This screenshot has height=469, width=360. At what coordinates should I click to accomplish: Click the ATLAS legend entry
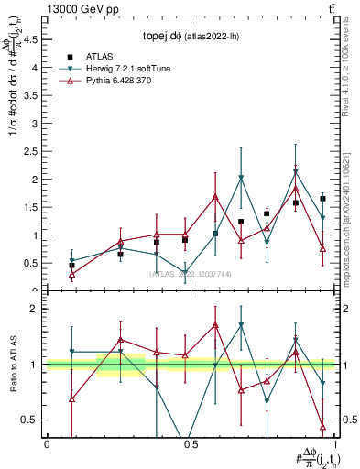tap(101, 56)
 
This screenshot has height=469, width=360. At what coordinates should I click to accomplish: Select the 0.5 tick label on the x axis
tap(190, 444)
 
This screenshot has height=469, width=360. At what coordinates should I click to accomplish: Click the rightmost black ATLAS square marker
tap(323, 199)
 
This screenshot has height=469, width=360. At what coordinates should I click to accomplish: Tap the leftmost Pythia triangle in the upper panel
tap(72, 274)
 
